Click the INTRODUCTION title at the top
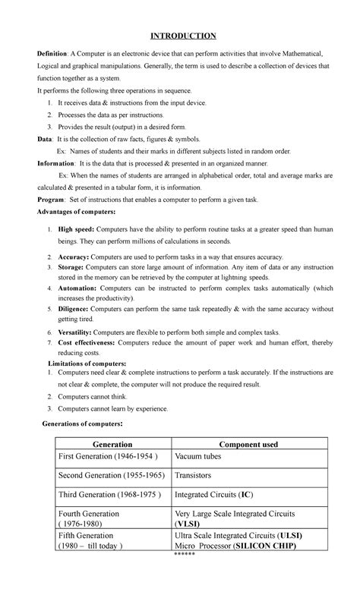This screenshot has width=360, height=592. pyautogui.click(x=183, y=36)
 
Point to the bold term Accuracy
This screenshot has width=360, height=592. pyautogui.click(x=74, y=258)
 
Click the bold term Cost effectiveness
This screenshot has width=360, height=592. pyautogui.click(x=90, y=343)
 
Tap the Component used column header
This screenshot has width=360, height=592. pyautogui.click(x=248, y=444)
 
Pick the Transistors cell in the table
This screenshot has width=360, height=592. pyautogui.click(x=197, y=475)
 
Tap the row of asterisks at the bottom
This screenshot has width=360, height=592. pyautogui.click(x=183, y=555)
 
